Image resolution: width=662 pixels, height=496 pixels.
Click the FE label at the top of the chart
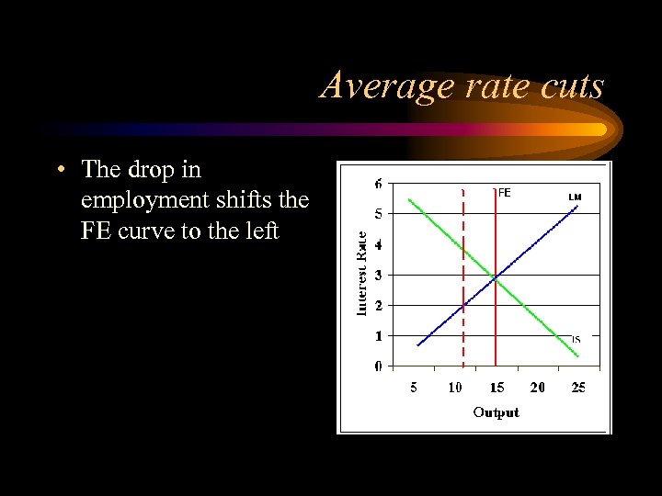tap(504, 193)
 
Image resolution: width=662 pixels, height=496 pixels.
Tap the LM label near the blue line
tap(575, 197)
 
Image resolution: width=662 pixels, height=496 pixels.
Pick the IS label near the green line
tap(576, 339)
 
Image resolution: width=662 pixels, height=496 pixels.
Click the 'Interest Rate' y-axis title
tap(362, 274)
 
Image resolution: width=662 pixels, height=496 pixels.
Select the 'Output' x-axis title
tap(496, 412)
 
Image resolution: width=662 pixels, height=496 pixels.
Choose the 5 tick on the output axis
tap(414, 388)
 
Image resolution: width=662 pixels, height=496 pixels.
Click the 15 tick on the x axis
tap(496, 388)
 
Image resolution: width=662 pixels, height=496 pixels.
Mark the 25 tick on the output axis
tap(577, 388)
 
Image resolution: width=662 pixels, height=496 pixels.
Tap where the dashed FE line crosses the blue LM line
tap(462, 305)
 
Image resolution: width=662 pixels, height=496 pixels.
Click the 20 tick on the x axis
tap(537, 388)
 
